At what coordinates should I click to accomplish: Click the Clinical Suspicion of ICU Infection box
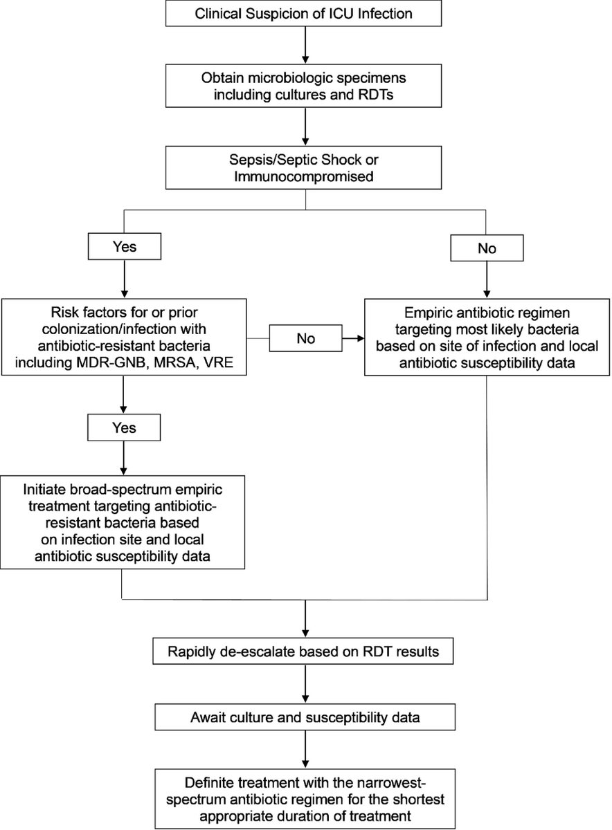[305, 14]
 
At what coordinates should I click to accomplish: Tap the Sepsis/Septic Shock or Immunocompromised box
[305, 169]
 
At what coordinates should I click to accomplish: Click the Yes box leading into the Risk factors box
[123, 246]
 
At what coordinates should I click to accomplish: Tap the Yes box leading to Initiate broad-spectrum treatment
[123, 428]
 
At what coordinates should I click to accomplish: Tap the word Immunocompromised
[305, 178]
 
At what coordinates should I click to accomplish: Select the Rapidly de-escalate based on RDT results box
[305, 652]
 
